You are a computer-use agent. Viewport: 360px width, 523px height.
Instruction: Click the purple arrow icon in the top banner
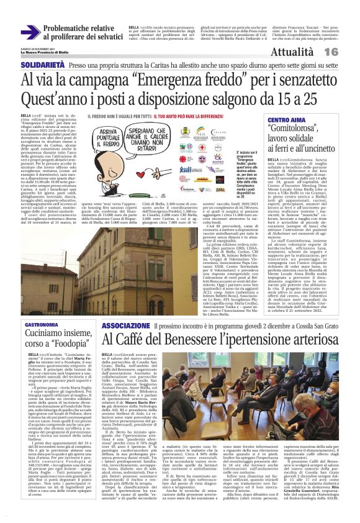[29, 33]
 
